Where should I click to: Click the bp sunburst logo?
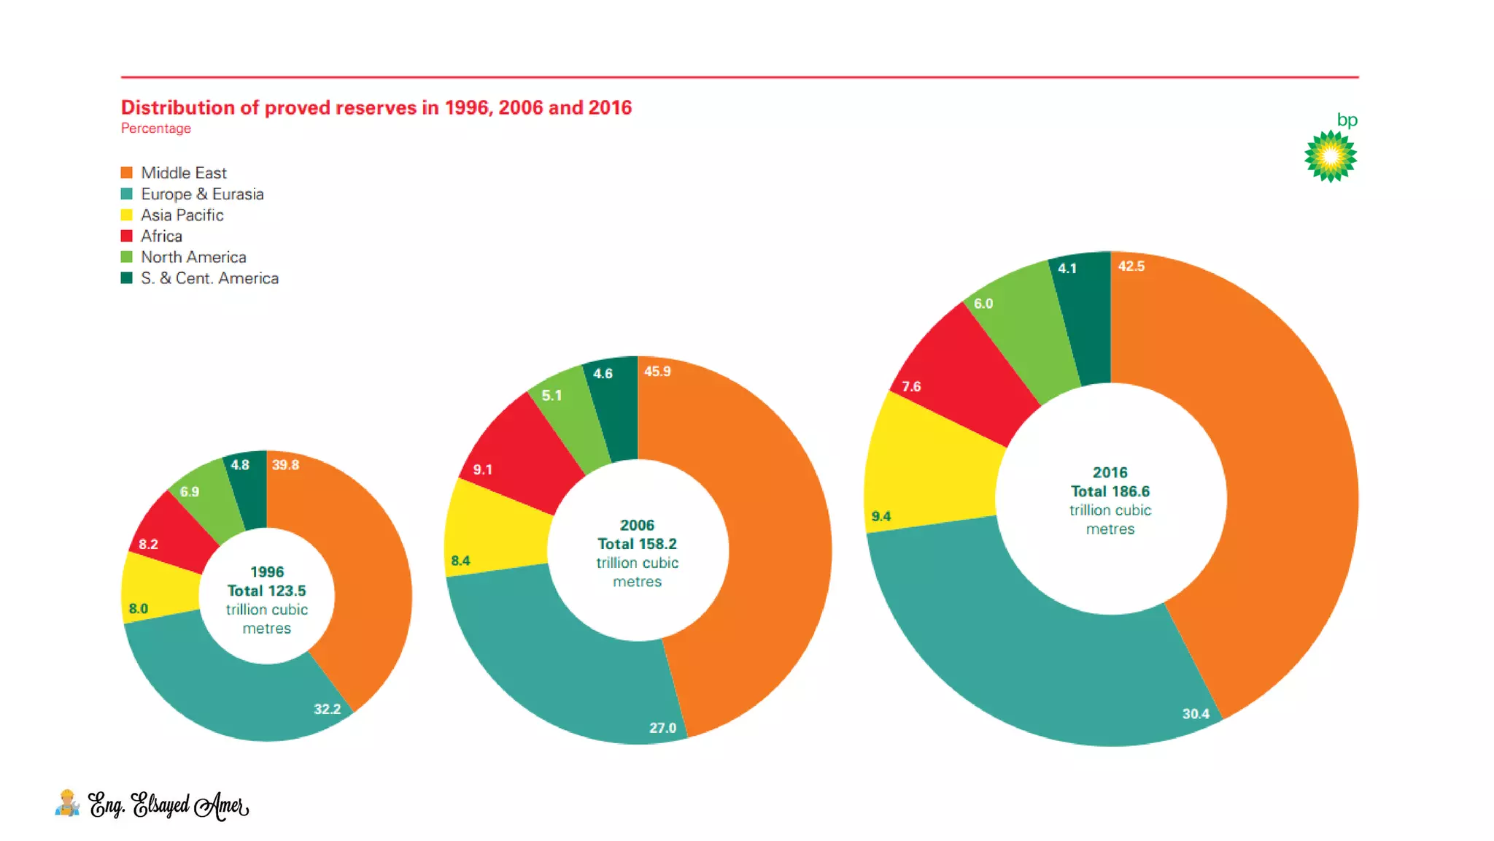click(x=1330, y=155)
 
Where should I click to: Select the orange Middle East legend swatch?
click(x=127, y=173)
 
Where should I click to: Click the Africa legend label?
click(x=161, y=236)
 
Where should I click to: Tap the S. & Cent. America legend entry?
click(x=209, y=278)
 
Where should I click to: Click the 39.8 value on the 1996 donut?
click(x=285, y=465)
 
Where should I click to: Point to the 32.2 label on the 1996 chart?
click(x=327, y=709)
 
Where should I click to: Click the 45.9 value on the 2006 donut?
click(x=657, y=372)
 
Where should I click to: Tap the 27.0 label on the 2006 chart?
click(x=662, y=728)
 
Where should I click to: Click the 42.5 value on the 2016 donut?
click(x=1131, y=266)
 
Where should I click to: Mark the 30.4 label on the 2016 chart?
click(x=1195, y=714)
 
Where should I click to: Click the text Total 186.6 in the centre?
click(x=1110, y=491)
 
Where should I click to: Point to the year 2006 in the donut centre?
click(x=637, y=526)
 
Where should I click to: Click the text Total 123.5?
click(x=266, y=591)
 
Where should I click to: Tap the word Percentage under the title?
click(x=155, y=128)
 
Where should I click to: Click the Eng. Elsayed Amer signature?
click(x=168, y=805)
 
